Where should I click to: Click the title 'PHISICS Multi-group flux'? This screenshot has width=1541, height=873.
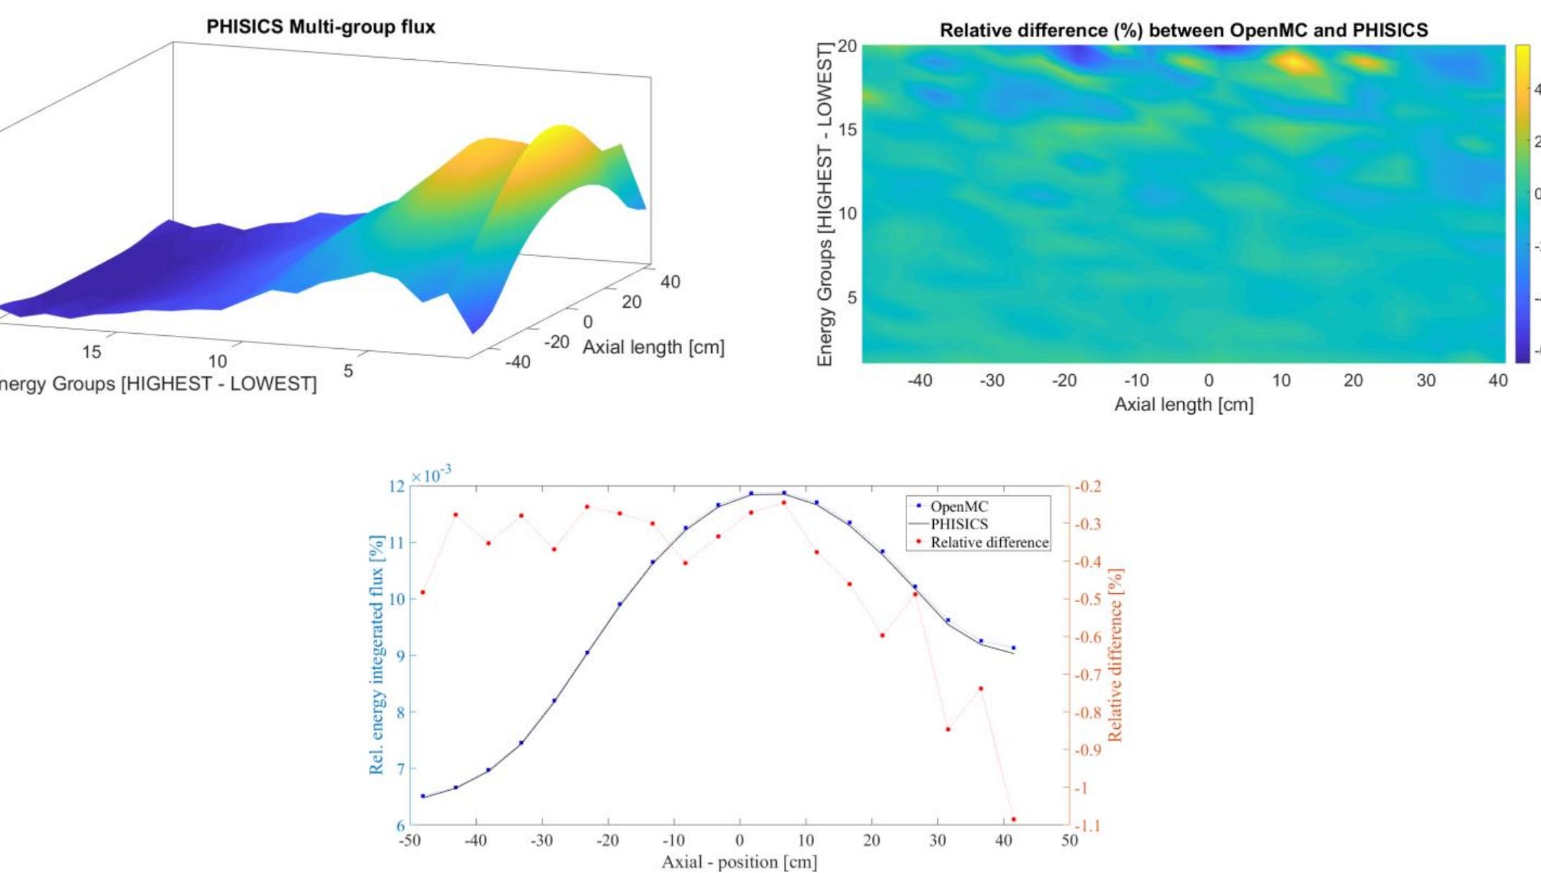(321, 27)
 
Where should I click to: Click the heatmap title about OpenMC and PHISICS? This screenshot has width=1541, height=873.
(1183, 30)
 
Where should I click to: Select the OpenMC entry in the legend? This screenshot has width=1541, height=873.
(959, 507)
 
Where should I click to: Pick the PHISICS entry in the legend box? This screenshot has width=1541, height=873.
(959, 524)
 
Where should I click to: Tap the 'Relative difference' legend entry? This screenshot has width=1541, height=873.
(989, 542)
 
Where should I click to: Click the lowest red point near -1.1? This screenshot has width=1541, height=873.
(1014, 820)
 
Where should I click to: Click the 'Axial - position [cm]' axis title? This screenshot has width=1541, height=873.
(739, 861)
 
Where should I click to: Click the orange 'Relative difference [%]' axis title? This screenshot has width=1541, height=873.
(1116, 655)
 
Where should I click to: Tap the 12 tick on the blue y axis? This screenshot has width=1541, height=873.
(397, 487)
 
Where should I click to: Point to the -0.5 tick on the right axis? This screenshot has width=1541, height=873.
(1087, 599)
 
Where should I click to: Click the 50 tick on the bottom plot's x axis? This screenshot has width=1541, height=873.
(1069, 840)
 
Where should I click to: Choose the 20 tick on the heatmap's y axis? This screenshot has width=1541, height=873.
(847, 47)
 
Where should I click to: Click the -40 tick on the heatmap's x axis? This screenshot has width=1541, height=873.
(919, 381)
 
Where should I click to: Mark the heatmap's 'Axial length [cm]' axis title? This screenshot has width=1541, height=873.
(1184, 404)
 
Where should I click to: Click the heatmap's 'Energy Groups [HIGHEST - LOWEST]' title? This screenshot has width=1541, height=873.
(825, 204)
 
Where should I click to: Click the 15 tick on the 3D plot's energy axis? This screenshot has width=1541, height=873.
(92, 352)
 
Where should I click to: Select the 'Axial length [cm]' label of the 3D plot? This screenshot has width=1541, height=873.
(653, 347)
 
